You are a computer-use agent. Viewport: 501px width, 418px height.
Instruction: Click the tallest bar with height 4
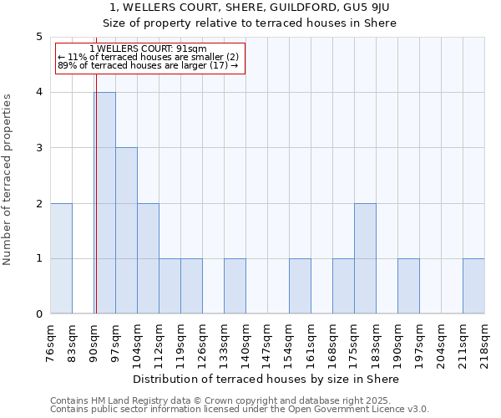(x=104, y=203)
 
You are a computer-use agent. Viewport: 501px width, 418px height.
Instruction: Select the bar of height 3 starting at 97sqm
(x=126, y=231)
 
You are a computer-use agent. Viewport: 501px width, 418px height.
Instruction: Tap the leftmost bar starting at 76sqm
(x=61, y=258)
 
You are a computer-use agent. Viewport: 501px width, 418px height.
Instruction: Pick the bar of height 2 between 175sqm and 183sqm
(x=365, y=258)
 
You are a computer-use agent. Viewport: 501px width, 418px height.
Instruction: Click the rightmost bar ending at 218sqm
(x=473, y=286)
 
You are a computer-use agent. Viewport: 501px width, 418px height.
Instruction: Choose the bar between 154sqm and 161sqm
(x=300, y=286)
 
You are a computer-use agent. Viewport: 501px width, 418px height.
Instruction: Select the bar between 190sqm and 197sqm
(x=408, y=286)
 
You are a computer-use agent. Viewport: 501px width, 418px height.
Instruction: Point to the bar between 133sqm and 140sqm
(x=235, y=286)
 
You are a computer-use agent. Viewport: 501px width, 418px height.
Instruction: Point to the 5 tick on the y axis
(x=38, y=37)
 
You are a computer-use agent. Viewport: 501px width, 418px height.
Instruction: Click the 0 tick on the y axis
(x=38, y=314)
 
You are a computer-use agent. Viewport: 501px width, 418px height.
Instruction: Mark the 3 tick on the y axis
(x=38, y=148)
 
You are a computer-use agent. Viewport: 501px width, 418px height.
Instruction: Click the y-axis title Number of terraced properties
(x=8, y=180)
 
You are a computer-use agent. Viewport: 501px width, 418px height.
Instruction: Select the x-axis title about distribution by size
(x=267, y=379)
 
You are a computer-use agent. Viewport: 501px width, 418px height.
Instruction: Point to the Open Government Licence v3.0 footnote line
(x=239, y=410)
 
